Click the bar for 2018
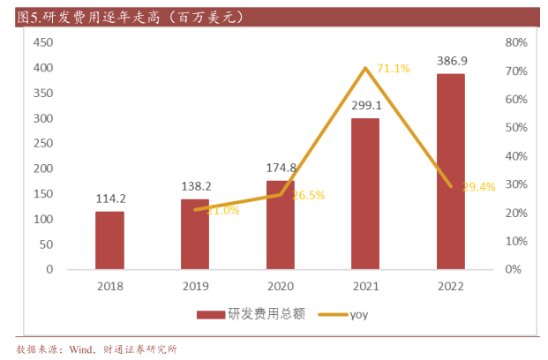point(110,240)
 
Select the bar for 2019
point(195,234)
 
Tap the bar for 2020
point(280,225)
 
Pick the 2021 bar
point(364,193)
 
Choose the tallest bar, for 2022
point(450,171)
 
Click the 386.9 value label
point(450,61)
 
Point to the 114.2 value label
point(110,199)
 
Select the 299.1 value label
point(364,105)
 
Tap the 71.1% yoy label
point(393,68)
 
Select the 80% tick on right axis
point(516,42)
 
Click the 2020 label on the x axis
point(280,286)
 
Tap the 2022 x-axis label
point(450,286)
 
